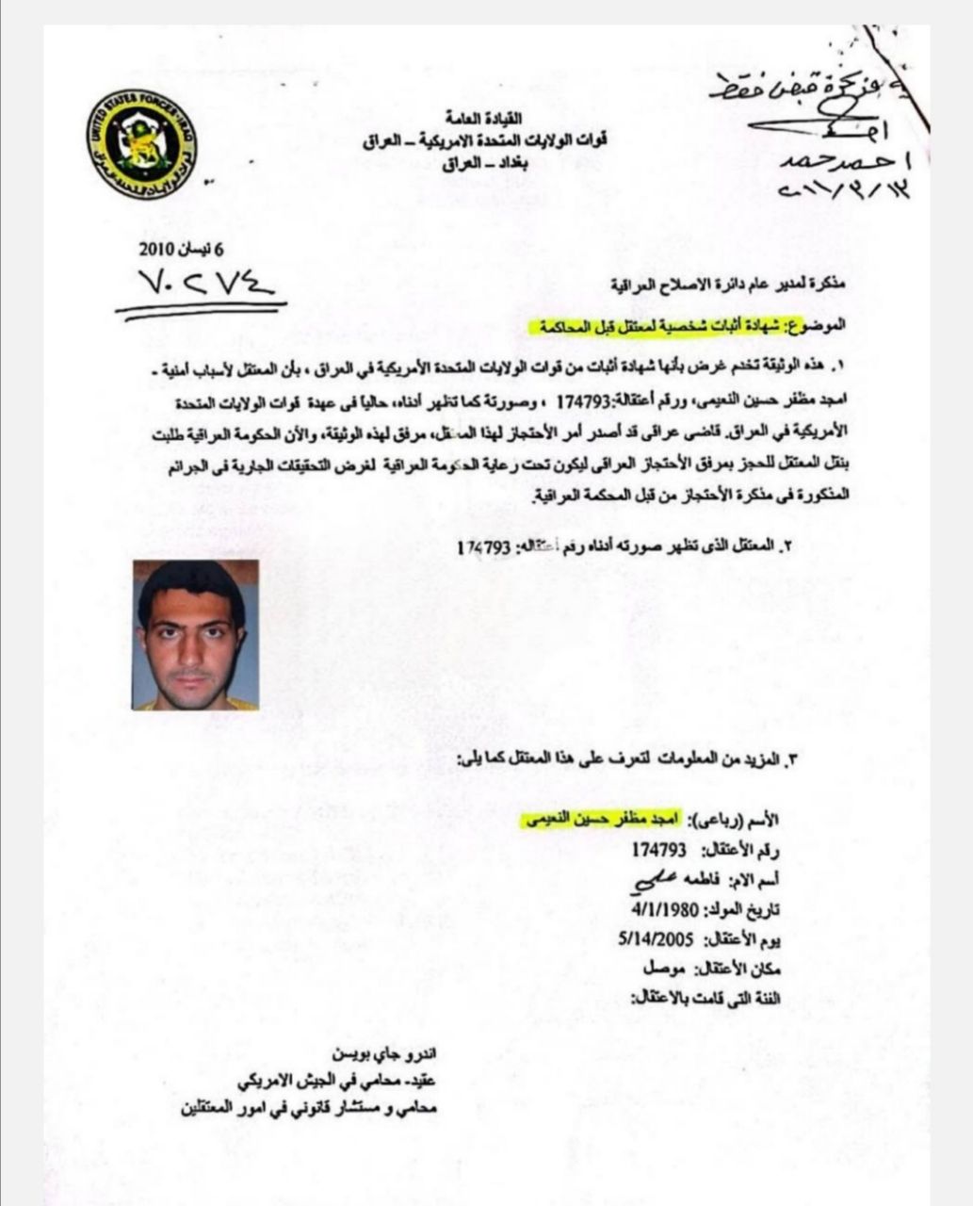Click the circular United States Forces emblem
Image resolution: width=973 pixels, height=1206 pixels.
[144, 143]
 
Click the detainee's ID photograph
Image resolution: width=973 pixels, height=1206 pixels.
[196, 635]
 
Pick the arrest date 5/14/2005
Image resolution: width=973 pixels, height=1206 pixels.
[656, 940]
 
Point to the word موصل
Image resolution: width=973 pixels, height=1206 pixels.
[664, 969]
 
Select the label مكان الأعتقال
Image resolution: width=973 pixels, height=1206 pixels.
[740, 970]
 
